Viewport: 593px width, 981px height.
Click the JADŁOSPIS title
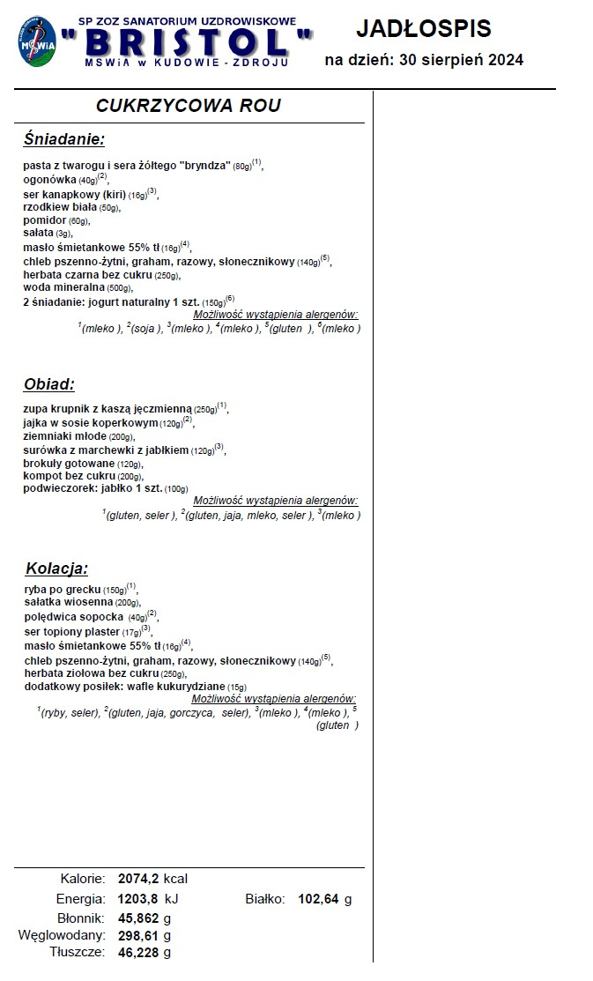pos(423,28)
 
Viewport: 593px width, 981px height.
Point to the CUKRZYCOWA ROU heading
pos(189,106)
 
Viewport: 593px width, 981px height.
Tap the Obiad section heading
pos(49,384)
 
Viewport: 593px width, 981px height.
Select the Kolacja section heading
pos(56,568)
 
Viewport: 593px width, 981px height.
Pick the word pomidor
pos(45,220)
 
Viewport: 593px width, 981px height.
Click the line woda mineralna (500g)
pos(78,287)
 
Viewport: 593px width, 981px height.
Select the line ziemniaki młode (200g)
pos(78,436)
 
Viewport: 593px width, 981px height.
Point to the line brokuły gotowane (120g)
pos(83,464)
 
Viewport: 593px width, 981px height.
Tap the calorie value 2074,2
pos(138,879)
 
